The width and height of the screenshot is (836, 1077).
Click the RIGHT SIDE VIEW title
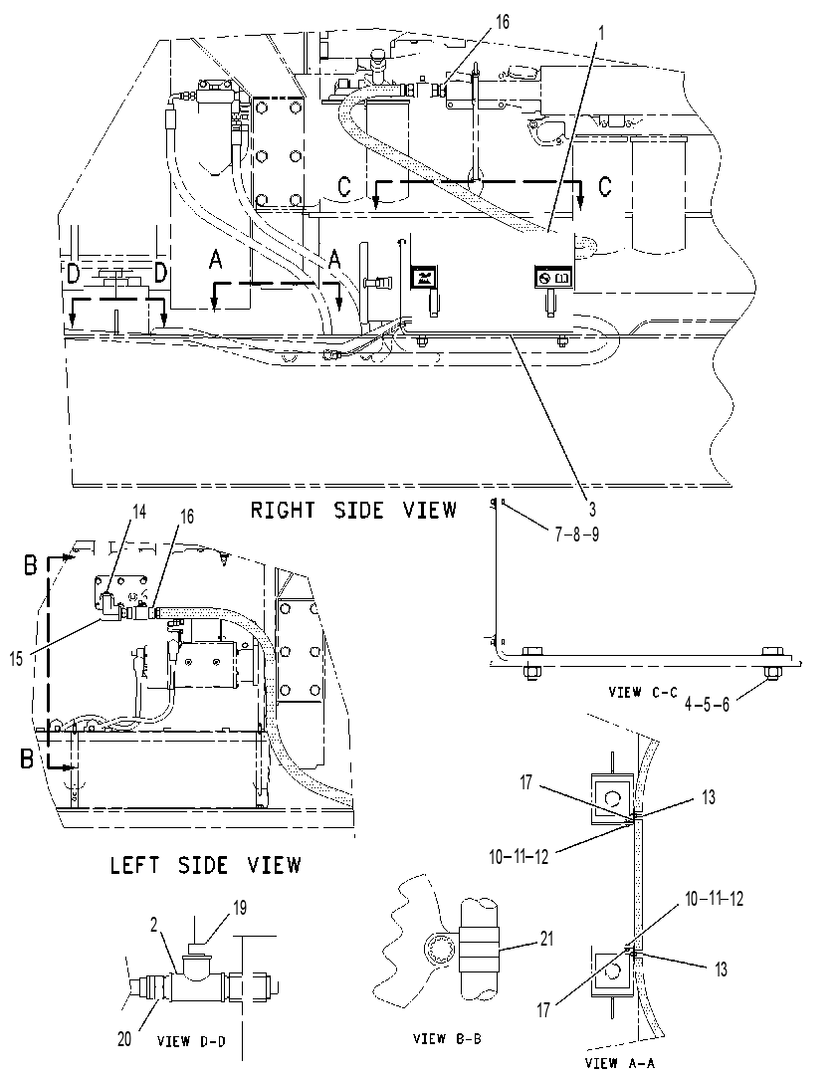(353, 510)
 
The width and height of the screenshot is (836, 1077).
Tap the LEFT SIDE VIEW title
(205, 864)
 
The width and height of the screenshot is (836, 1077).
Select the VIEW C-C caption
(643, 692)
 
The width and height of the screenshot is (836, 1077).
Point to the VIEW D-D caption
(191, 1040)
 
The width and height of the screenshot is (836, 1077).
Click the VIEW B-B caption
(447, 1038)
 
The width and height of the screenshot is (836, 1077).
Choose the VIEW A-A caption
(620, 1063)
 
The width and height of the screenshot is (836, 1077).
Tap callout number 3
(592, 509)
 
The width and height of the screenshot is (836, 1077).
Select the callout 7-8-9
(576, 534)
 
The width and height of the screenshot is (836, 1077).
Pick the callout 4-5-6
(707, 704)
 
